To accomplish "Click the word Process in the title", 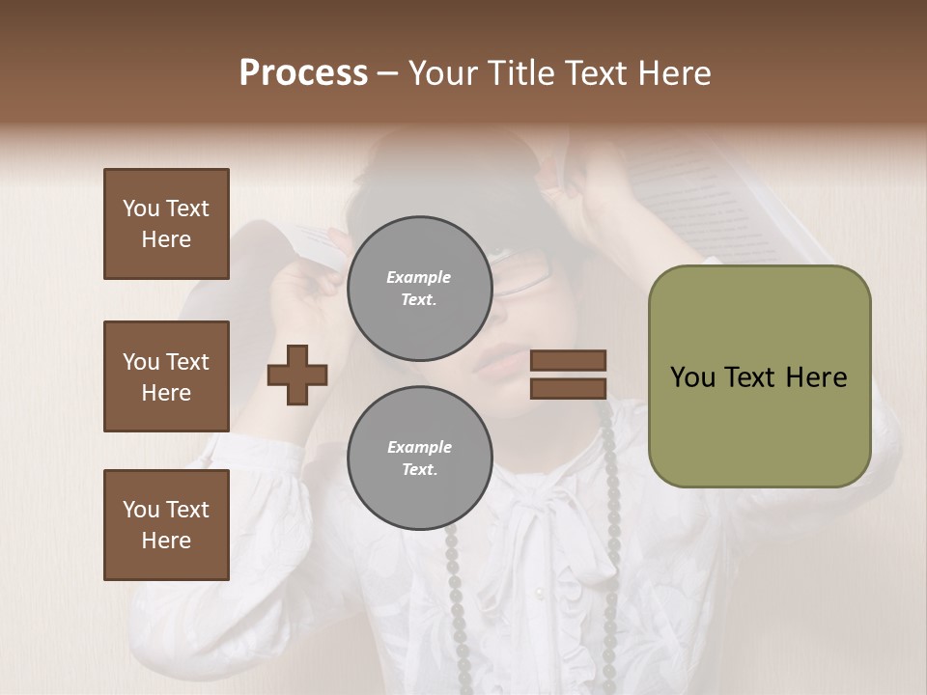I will pos(303,73).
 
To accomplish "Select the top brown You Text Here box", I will pos(166,224).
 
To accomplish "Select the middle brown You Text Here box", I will pos(166,376).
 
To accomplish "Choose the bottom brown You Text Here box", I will pos(166,524).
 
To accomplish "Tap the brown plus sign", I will pos(297,374).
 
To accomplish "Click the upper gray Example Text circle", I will pos(419,288).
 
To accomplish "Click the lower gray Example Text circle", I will pos(419,459).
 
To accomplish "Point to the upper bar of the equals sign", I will pos(568,360).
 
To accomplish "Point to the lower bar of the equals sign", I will pos(568,388).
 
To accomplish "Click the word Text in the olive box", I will pos(752,377).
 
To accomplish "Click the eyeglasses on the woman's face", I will pos(521,272).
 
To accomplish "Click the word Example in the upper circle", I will pos(419,277).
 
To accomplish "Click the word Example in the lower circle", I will pos(419,447).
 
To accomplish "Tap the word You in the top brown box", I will pos(139,208).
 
